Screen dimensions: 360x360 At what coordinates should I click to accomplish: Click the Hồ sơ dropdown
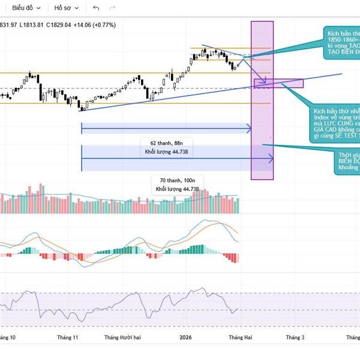pos(66,8)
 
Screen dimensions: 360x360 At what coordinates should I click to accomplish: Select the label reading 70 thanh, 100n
pos(178,180)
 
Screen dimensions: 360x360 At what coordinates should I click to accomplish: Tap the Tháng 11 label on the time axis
pos(67,338)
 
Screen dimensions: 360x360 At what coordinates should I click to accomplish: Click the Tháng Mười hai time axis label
pos(122,338)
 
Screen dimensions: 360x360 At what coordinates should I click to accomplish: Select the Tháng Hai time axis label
pos(240,338)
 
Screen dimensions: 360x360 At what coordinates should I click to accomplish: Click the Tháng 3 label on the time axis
pos(294,338)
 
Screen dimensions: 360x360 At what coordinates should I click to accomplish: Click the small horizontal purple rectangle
pos(278,83)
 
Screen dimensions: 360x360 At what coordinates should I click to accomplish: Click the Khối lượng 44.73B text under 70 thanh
pos(178,189)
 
